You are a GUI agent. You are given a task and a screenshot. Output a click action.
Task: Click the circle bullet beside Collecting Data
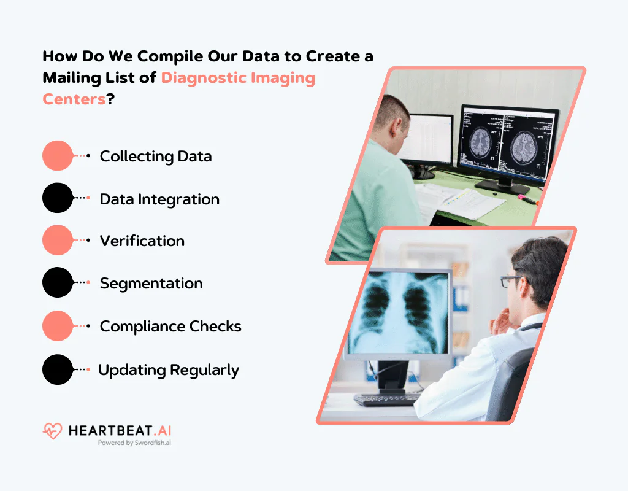click(58, 156)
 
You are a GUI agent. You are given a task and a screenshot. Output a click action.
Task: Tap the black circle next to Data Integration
click(58, 198)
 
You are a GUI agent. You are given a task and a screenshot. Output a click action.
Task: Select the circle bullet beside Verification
click(58, 241)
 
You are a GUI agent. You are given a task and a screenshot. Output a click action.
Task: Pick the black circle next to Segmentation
click(58, 283)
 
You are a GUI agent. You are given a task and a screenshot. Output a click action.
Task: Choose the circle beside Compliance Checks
click(58, 326)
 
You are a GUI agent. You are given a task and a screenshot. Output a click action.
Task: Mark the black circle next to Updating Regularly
click(58, 369)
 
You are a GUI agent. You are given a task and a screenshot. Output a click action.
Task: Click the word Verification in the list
click(142, 241)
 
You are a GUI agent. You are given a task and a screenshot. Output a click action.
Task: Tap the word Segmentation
click(151, 284)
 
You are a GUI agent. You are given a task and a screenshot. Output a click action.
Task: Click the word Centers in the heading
click(74, 99)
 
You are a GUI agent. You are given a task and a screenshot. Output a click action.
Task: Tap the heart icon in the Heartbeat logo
click(52, 431)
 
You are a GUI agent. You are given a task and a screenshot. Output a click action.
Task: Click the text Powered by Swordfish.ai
click(134, 443)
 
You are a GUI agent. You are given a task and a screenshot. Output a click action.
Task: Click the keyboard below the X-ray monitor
click(387, 400)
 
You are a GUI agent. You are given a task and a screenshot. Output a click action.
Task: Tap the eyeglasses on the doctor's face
click(511, 281)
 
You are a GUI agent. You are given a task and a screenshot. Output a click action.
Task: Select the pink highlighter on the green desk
click(526, 198)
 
